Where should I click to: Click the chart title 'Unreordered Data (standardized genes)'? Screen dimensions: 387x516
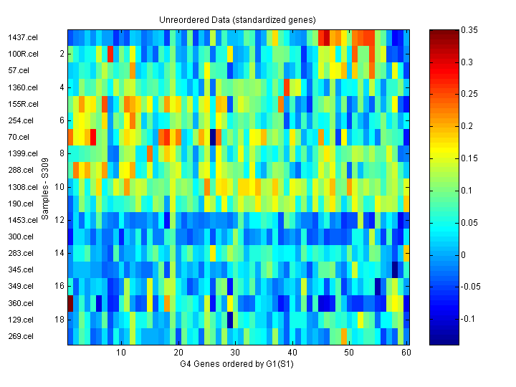[237, 19]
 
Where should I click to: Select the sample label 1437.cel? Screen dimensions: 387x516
[20, 37]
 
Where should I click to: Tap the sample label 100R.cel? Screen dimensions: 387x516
[20, 54]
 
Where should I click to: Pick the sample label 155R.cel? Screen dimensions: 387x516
[20, 104]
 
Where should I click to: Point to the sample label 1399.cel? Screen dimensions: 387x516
[20, 153]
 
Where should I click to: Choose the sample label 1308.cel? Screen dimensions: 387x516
[20, 186]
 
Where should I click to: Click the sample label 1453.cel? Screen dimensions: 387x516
[20, 220]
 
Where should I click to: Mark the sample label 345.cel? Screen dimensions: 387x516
[20, 269]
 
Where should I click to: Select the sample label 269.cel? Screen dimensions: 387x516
[20, 336]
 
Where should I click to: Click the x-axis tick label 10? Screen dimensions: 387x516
[120, 353]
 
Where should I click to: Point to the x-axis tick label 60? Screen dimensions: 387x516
[406, 353]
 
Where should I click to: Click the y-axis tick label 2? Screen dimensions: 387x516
[62, 54]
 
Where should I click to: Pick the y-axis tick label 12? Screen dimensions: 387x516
[59, 220]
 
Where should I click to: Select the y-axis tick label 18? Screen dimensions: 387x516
[59, 320]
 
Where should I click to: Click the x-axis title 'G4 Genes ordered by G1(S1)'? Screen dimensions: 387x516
[237, 364]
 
